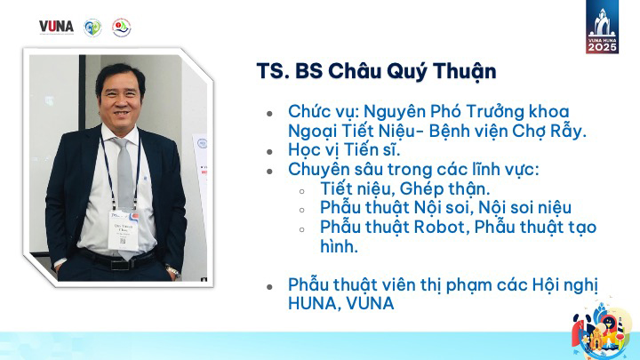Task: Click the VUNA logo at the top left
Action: pyautogui.click(x=56, y=27)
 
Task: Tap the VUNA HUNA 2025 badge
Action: pyautogui.click(x=602, y=27)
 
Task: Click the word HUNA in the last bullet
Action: pyautogui.click(x=312, y=303)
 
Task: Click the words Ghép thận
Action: pyautogui.click(x=444, y=189)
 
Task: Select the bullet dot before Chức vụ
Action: pyautogui.click(x=269, y=114)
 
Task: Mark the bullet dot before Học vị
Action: pyautogui.click(x=269, y=152)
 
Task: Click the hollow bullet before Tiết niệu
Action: pyautogui.click(x=302, y=191)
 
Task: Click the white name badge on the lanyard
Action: pyautogui.click(x=124, y=229)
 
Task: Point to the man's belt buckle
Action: pyautogui.click(x=120, y=264)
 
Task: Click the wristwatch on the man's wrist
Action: pyautogui.click(x=173, y=271)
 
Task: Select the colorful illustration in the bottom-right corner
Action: pyautogui.click(x=602, y=330)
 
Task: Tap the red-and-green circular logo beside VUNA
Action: pyautogui.click(x=121, y=28)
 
